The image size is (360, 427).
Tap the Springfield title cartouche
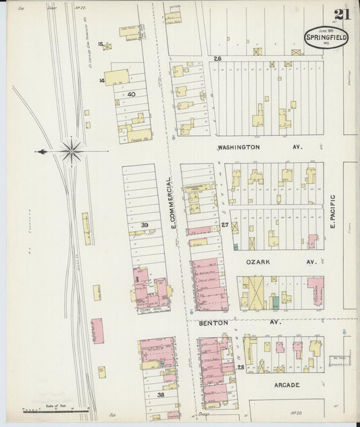[x=327, y=38]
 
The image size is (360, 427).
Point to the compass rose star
[x=71, y=151]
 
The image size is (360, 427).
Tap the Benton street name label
[x=214, y=323]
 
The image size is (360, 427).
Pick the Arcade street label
[x=287, y=386]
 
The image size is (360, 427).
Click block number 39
[x=145, y=224]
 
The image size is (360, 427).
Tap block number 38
[x=161, y=395]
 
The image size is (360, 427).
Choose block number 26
[x=217, y=59]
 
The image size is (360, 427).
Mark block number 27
[x=226, y=224]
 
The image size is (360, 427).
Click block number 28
[x=240, y=366]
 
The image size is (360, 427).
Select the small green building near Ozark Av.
[x=275, y=302]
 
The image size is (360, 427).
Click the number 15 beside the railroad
[x=101, y=44]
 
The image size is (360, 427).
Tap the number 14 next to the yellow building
[x=101, y=80]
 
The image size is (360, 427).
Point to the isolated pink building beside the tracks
[x=97, y=330]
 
